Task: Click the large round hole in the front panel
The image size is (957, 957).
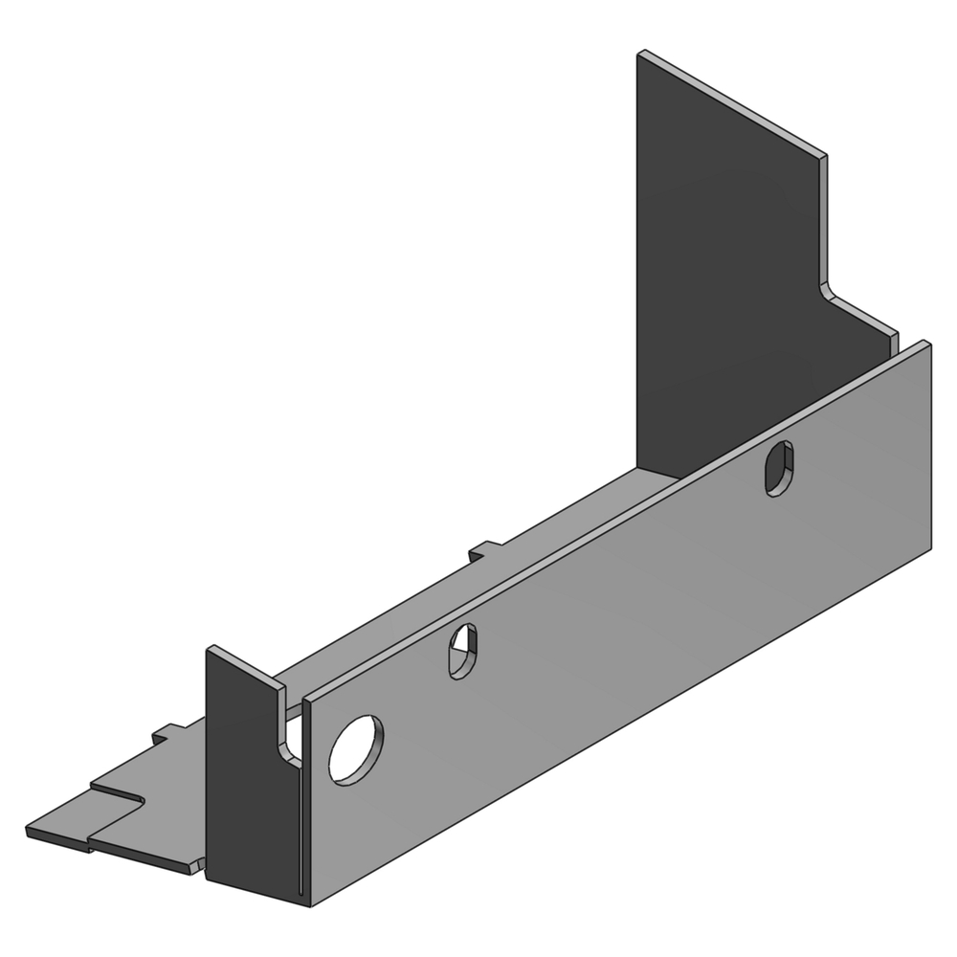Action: (x=355, y=749)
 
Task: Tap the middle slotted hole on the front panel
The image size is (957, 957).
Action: (x=463, y=651)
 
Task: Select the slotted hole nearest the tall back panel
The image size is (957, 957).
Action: (x=779, y=468)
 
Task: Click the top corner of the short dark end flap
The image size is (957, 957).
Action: (x=211, y=648)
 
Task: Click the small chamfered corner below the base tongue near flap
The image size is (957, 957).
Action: (x=196, y=868)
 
